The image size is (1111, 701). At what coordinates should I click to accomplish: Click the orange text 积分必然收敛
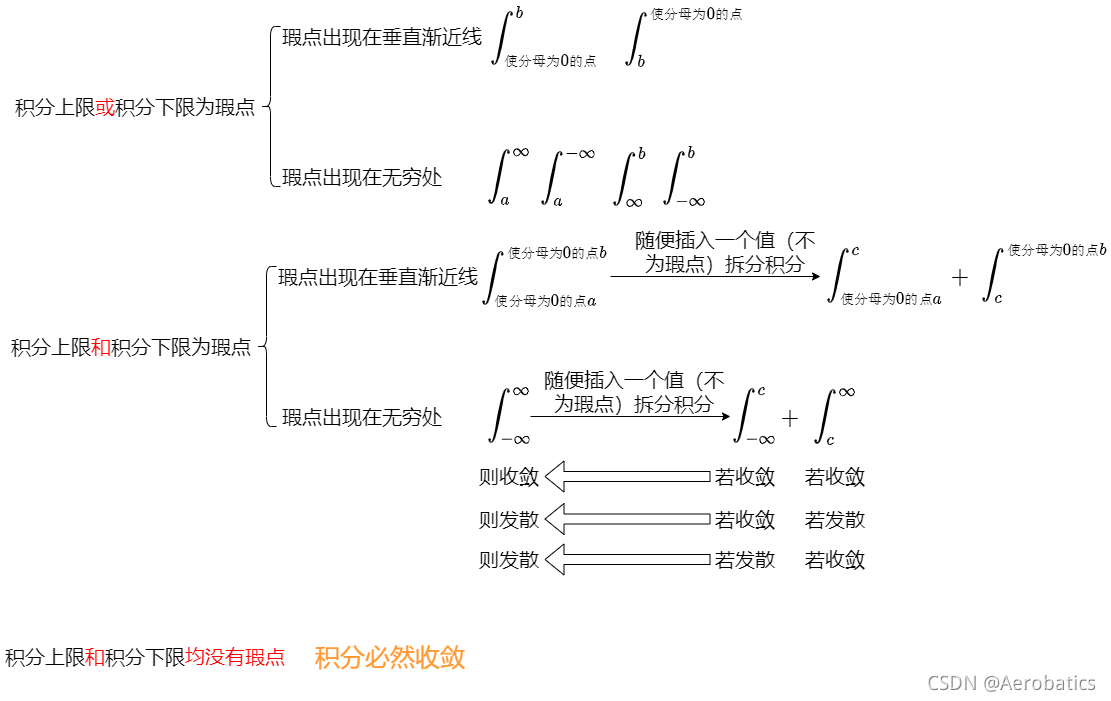pyautogui.click(x=390, y=658)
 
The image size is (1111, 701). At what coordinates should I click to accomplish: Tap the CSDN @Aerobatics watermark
pyautogui.click(x=1011, y=683)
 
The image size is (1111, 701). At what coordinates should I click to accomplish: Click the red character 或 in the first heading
pyautogui.click(x=105, y=108)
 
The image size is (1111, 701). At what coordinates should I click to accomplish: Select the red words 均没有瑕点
pyautogui.click(x=235, y=657)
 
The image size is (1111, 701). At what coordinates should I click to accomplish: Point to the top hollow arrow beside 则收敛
pyautogui.click(x=628, y=477)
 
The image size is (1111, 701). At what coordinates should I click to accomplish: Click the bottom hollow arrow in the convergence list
pyautogui.click(x=628, y=559)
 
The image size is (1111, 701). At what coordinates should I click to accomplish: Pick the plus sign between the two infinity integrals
pyautogui.click(x=790, y=419)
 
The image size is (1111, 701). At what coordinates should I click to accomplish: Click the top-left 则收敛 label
pyautogui.click(x=509, y=477)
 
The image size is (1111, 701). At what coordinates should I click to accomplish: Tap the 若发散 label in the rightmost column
pyautogui.click(x=834, y=519)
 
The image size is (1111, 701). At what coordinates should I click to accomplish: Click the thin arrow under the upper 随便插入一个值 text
pyautogui.click(x=715, y=277)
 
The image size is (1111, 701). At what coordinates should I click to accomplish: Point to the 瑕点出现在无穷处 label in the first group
pyautogui.click(x=362, y=178)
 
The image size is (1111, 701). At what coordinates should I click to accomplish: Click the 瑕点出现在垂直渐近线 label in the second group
pyautogui.click(x=378, y=277)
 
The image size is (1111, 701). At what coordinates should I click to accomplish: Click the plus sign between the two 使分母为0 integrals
pyautogui.click(x=960, y=278)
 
